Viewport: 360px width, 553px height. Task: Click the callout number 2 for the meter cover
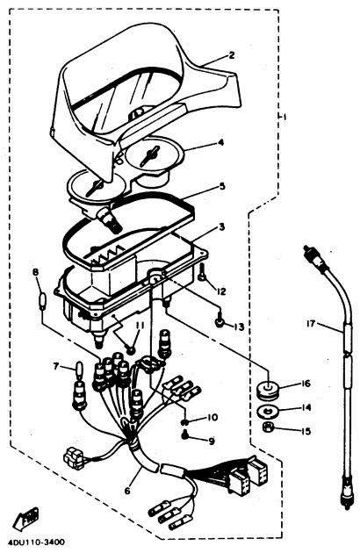[231, 55]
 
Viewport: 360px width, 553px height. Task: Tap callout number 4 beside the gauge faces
[220, 142]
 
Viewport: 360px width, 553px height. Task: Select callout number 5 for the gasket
[221, 186]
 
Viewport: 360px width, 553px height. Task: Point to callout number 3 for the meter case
[221, 226]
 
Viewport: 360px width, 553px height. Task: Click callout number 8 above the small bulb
[35, 272]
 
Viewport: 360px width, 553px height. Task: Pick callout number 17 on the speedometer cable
[311, 323]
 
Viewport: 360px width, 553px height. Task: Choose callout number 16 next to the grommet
[306, 384]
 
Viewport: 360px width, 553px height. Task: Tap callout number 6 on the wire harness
[127, 490]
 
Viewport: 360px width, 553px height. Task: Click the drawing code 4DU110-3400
[39, 542]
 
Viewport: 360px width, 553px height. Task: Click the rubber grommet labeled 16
[268, 390]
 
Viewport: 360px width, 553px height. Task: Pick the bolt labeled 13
[219, 320]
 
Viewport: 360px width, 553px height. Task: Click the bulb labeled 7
[79, 370]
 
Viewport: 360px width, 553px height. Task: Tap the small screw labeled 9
[184, 436]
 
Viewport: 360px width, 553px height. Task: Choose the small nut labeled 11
[131, 349]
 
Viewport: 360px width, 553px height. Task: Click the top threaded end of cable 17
[310, 252]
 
